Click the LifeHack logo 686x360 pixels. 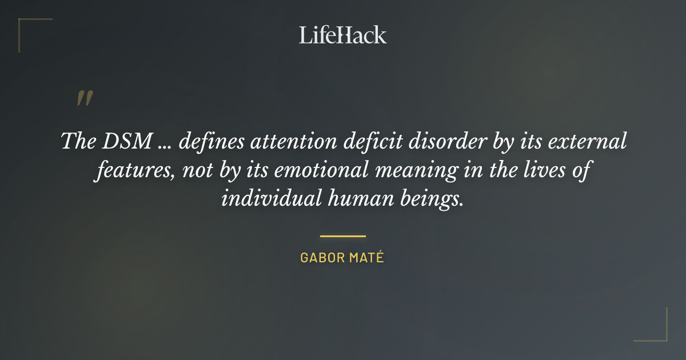(342, 35)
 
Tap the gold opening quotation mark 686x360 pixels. (84, 98)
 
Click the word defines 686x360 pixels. (209, 141)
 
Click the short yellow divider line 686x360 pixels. (342, 235)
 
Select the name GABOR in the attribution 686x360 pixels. (319, 258)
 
